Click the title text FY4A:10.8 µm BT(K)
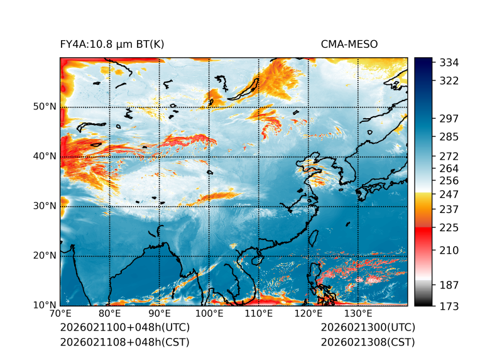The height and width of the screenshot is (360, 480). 112,45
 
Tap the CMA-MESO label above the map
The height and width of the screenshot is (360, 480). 349,45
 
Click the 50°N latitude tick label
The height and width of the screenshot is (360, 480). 45,106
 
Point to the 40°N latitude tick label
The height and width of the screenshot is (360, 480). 45,156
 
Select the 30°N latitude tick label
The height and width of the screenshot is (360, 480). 45,205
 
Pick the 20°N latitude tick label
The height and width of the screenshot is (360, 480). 45,255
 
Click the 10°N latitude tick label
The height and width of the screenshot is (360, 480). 45,305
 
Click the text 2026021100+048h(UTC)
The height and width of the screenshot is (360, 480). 124,328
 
